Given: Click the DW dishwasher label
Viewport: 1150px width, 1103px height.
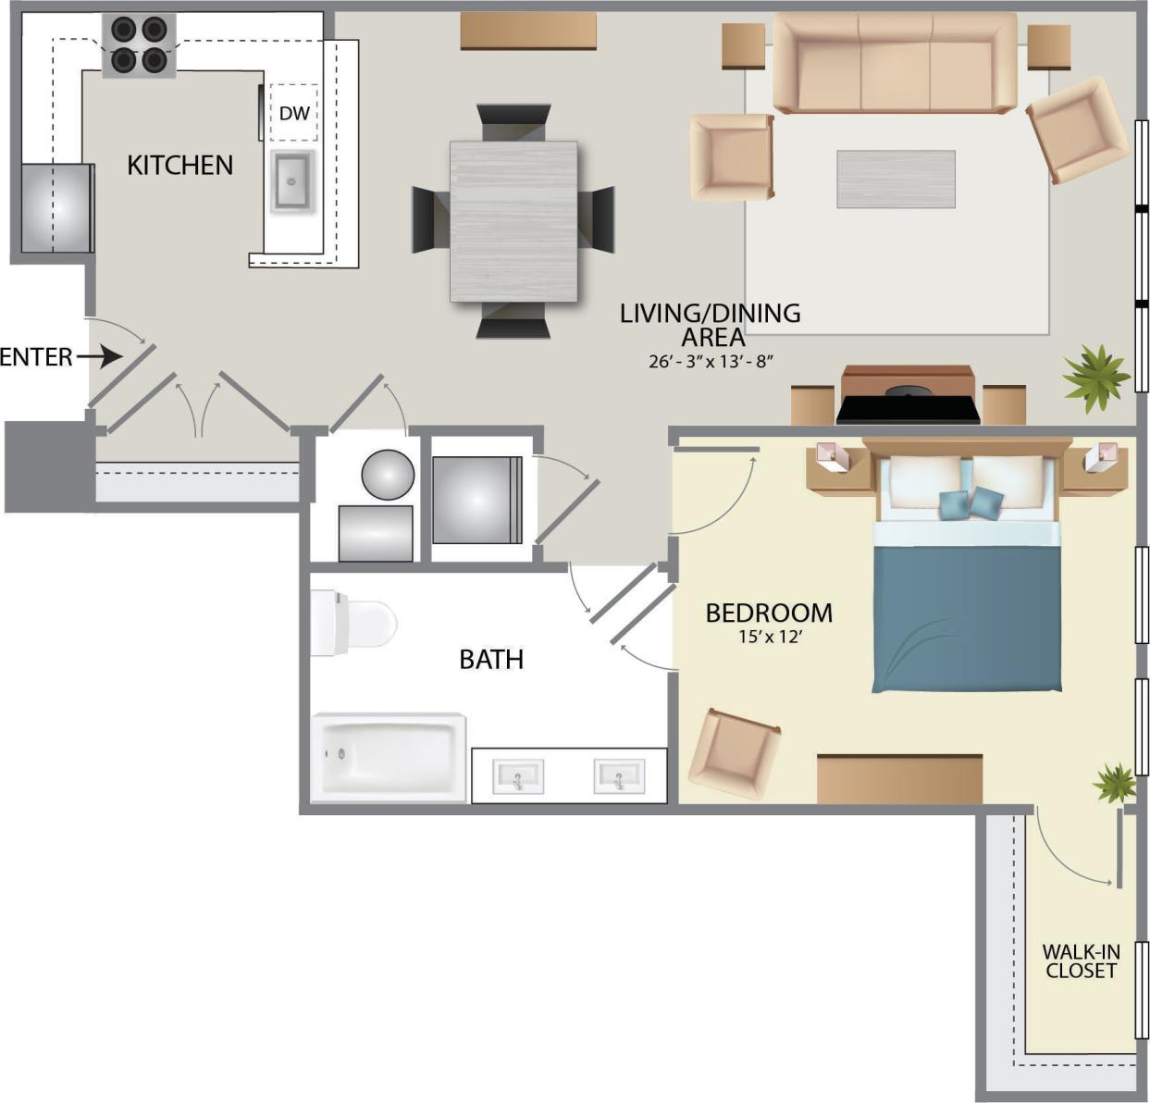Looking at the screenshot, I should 293,114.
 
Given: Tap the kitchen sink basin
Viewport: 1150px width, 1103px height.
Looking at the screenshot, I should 293,180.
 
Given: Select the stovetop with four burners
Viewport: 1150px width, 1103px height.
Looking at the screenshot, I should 139,44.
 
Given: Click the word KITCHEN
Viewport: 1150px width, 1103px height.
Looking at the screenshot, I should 179,166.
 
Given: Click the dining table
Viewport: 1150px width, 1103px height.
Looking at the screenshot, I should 513,220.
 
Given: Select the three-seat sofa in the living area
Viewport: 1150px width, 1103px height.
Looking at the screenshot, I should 895,63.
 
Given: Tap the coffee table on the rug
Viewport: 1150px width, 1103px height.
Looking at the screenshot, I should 896,180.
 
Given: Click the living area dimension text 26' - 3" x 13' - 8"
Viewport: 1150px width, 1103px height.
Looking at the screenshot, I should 711,361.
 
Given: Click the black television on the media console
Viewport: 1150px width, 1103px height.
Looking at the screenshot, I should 908,408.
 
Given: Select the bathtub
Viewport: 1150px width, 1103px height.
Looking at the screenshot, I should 389,756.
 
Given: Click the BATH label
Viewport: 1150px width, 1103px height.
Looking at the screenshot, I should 491,660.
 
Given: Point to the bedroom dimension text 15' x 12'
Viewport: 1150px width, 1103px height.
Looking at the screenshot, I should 769,637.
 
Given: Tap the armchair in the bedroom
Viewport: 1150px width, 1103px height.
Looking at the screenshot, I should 734,754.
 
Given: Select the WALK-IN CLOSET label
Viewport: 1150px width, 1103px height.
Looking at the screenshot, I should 1081,961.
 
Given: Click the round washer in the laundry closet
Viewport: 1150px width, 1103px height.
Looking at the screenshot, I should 388,475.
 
